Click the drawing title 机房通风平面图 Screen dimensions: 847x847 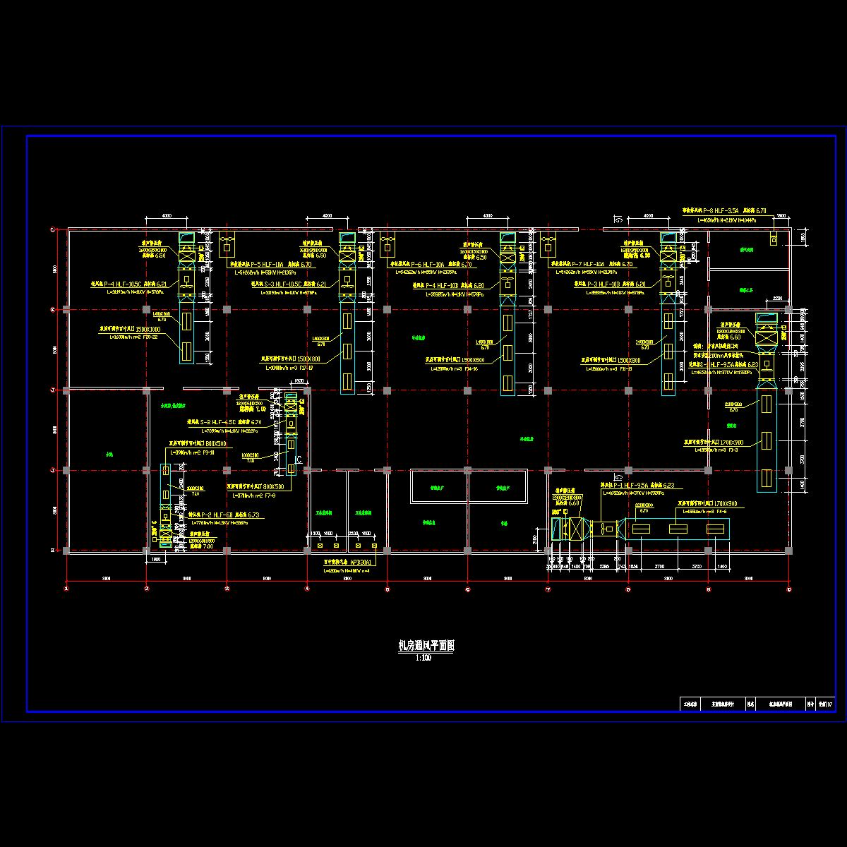pyautogui.click(x=426, y=646)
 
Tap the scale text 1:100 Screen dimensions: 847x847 pyautogui.click(x=423, y=658)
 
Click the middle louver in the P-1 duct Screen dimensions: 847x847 pyautogui.click(x=678, y=529)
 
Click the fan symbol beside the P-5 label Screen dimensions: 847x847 pyautogui.click(x=227, y=244)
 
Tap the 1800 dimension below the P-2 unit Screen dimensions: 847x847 pyautogui.click(x=157, y=560)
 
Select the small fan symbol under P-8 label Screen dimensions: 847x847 pyautogui.click(x=774, y=241)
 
